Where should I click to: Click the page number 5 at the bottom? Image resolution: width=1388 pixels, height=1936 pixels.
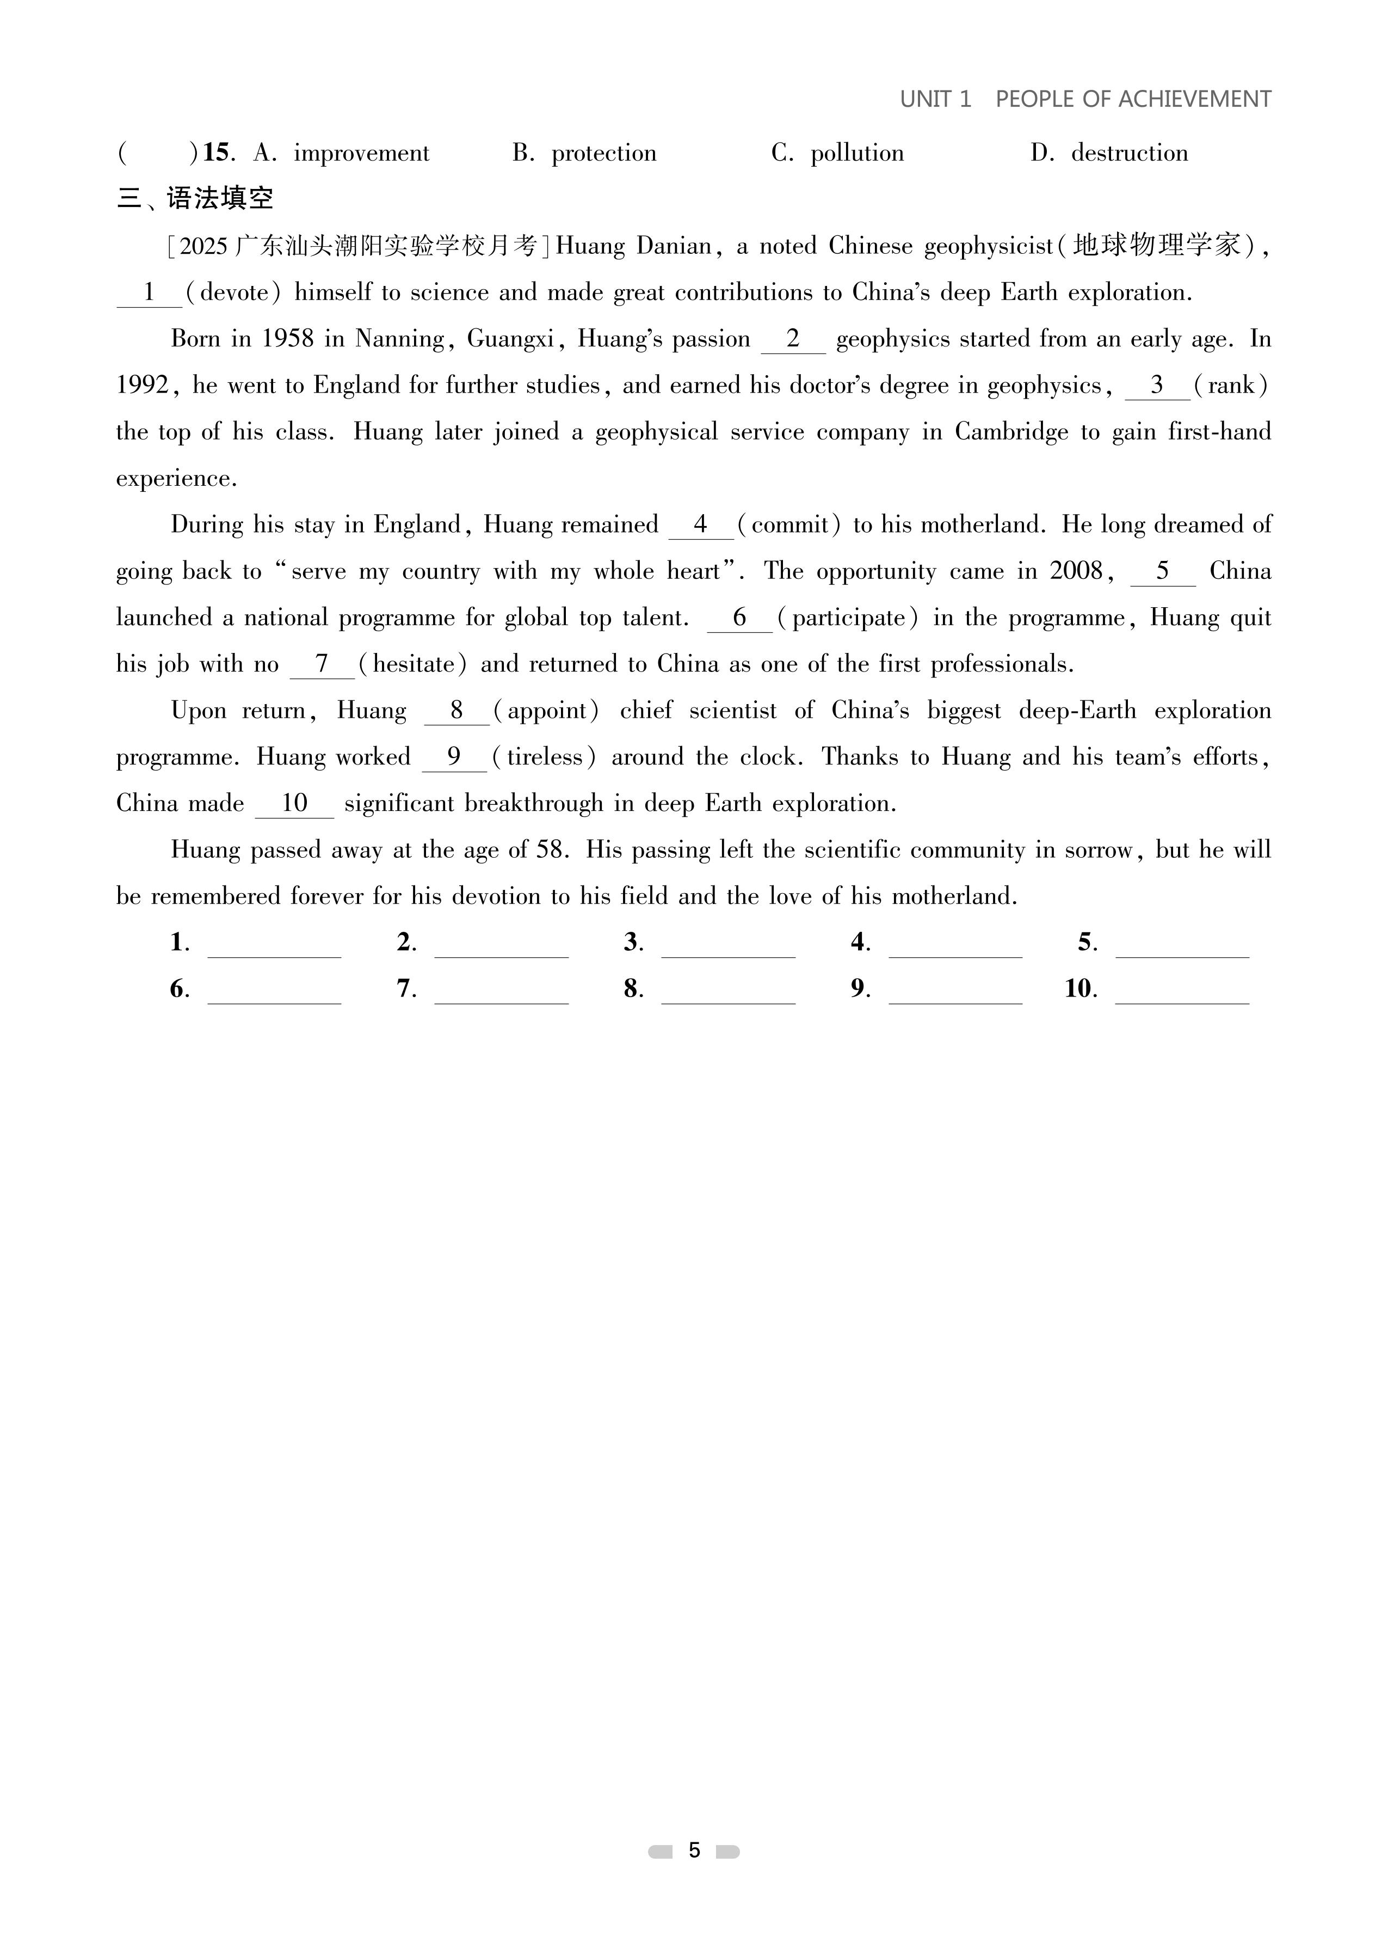tap(694, 1850)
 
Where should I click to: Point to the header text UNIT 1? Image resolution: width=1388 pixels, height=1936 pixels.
tap(935, 99)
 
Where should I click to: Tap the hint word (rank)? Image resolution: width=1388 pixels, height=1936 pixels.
tap(1230, 385)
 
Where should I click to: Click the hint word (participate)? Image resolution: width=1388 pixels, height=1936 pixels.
tap(847, 617)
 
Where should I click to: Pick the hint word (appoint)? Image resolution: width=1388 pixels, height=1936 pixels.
tap(546, 710)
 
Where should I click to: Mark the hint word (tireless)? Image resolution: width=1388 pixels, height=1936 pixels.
tap(542, 757)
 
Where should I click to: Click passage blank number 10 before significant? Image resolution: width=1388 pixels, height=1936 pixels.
tap(294, 803)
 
